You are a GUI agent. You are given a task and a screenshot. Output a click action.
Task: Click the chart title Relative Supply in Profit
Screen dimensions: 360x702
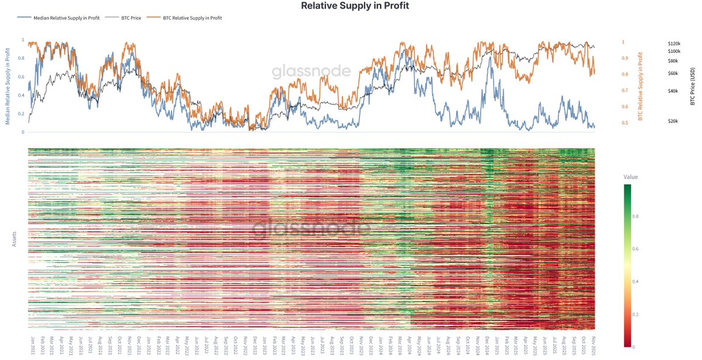(355, 6)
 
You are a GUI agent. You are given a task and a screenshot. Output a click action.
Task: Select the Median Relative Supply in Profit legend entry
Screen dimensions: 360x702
(64, 18)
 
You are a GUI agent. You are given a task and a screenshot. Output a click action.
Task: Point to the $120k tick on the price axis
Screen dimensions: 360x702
(674, 44)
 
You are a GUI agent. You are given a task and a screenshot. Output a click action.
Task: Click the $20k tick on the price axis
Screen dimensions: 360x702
(673, 121)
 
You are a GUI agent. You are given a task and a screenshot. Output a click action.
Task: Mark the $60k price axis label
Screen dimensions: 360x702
(673, 73)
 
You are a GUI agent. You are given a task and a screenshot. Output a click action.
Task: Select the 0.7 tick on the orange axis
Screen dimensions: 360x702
(625, 91)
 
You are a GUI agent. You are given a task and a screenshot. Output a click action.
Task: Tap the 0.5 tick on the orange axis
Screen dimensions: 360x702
(625, 123)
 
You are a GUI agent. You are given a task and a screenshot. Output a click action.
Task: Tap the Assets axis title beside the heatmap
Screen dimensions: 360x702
(15, 238)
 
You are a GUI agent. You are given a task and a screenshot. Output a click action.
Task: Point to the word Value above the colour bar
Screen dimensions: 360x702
(631, 177)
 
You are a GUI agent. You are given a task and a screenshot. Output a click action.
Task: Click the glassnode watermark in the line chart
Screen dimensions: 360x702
(311, 72)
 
